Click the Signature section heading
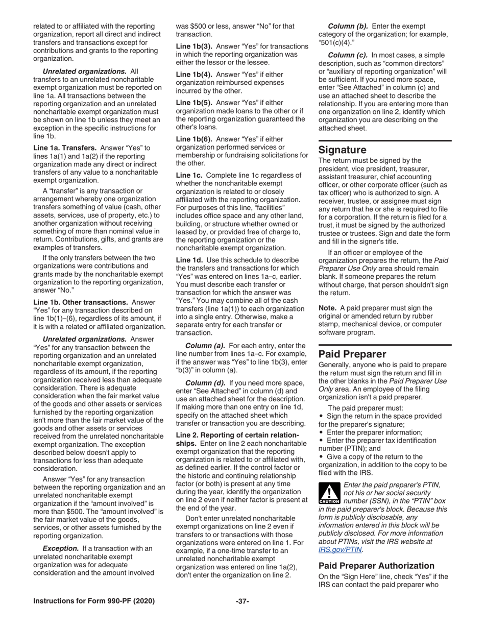pyautogui.click(x=343, y=150)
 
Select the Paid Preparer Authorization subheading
pyautogui.click(x=376, y=566)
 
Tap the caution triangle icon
pyautogui.click(x=329, y=494)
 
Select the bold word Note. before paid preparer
pyautogui.click(x=327, y=308)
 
